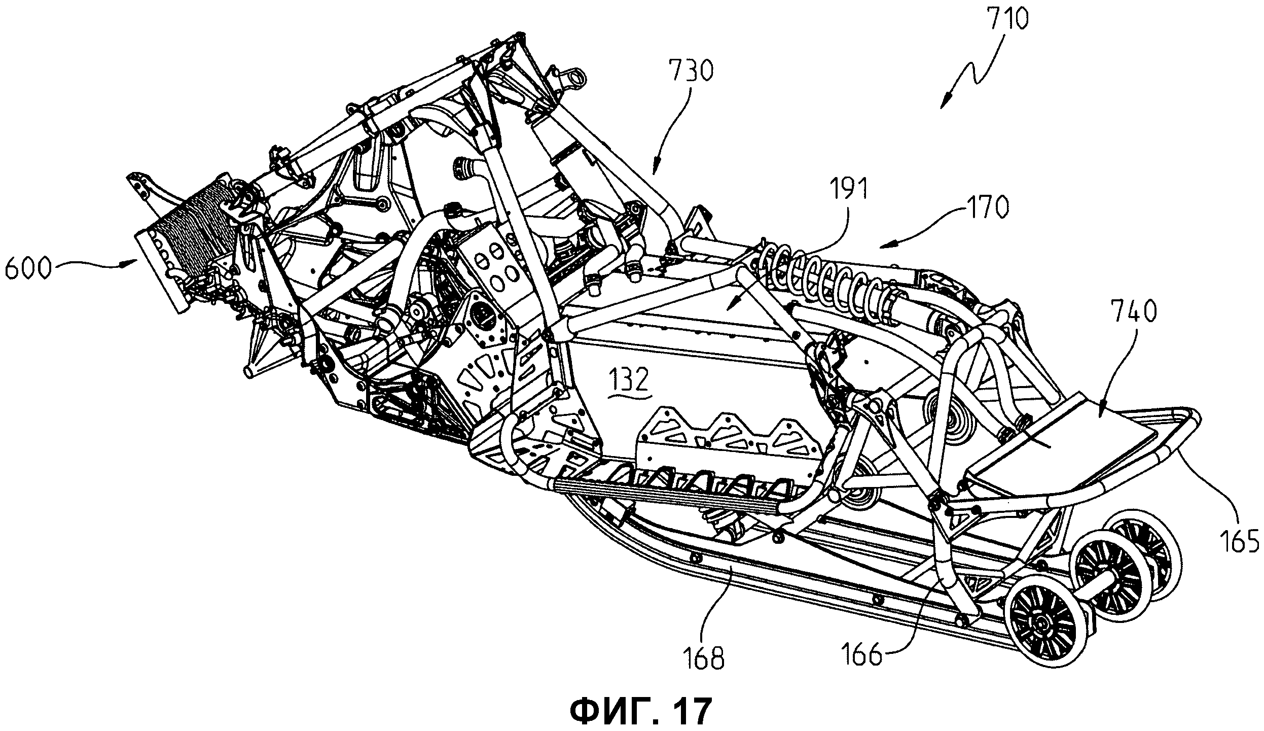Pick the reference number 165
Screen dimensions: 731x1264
coord(1237,541)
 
